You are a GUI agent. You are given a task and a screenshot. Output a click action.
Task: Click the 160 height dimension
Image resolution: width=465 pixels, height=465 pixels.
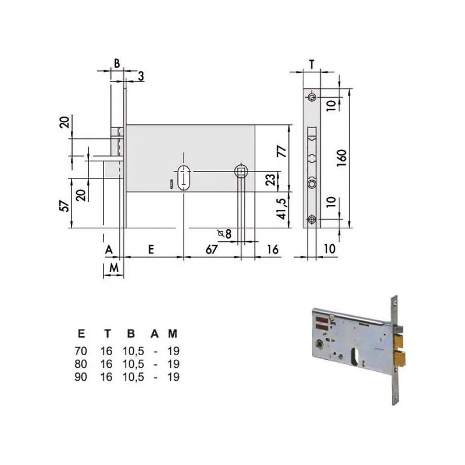pos(341,156)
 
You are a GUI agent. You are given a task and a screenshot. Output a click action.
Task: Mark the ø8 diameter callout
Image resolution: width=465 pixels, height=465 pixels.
pos(224,234)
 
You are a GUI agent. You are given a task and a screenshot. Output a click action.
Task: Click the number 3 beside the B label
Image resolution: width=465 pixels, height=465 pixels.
pos(141,75)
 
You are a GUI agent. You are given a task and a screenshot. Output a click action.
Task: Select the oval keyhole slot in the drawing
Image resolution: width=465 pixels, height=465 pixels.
pos(184,175)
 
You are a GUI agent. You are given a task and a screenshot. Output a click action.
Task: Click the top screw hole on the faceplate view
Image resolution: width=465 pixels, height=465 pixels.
pos(312,97)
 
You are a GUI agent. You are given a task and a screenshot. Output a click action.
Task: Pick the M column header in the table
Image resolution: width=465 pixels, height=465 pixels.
pos(172,334)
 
